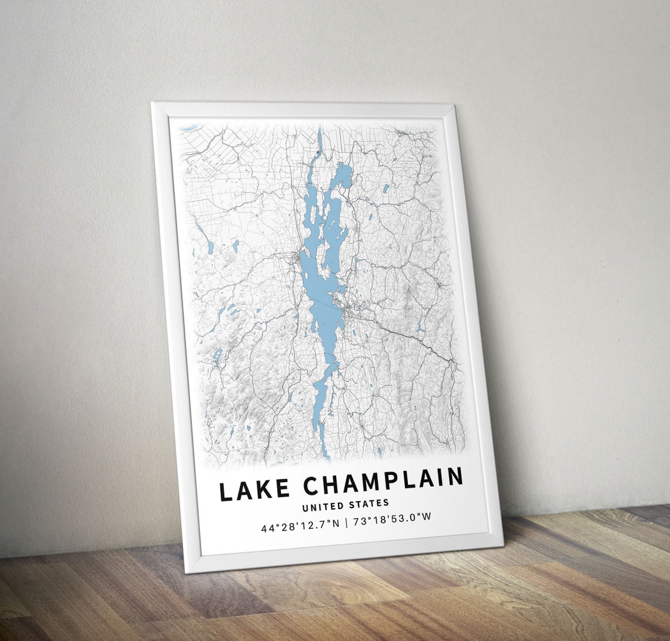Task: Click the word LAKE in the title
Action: tap(254, 489)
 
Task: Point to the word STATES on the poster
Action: tap(368, 503)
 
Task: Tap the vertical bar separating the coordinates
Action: tap(346, 522)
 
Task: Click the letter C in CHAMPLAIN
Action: tap(312, 486)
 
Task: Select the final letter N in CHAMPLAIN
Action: tap(455, 477)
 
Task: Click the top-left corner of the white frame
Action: tap(152, 104)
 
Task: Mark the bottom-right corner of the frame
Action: tap(503, 545)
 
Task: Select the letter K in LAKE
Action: tap(264, 489)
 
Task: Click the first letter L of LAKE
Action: tap(226, 492)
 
